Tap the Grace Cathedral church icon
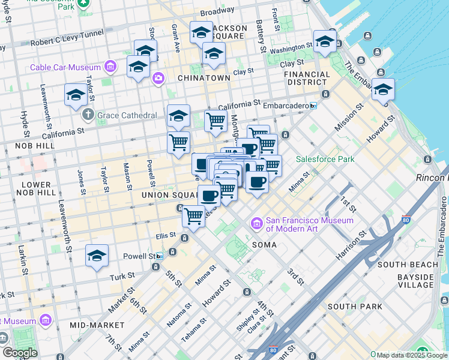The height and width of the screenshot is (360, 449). [88, 113]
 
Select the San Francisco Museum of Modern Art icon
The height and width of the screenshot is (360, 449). [257, 224]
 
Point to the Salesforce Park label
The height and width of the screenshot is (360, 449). [325, 159]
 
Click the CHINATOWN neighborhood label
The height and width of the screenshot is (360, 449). [204, 78]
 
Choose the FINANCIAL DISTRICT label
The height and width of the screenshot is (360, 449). [307, 78]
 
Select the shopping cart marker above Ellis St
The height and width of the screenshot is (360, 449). [193, 215]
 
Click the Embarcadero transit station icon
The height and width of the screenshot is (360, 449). [313, 106]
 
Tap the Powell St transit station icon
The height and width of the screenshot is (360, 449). [159, 256]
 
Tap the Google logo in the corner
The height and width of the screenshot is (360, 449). [20, 353]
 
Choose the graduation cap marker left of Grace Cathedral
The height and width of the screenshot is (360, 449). [76, 94]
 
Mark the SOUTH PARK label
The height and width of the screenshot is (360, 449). [355, 307]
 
